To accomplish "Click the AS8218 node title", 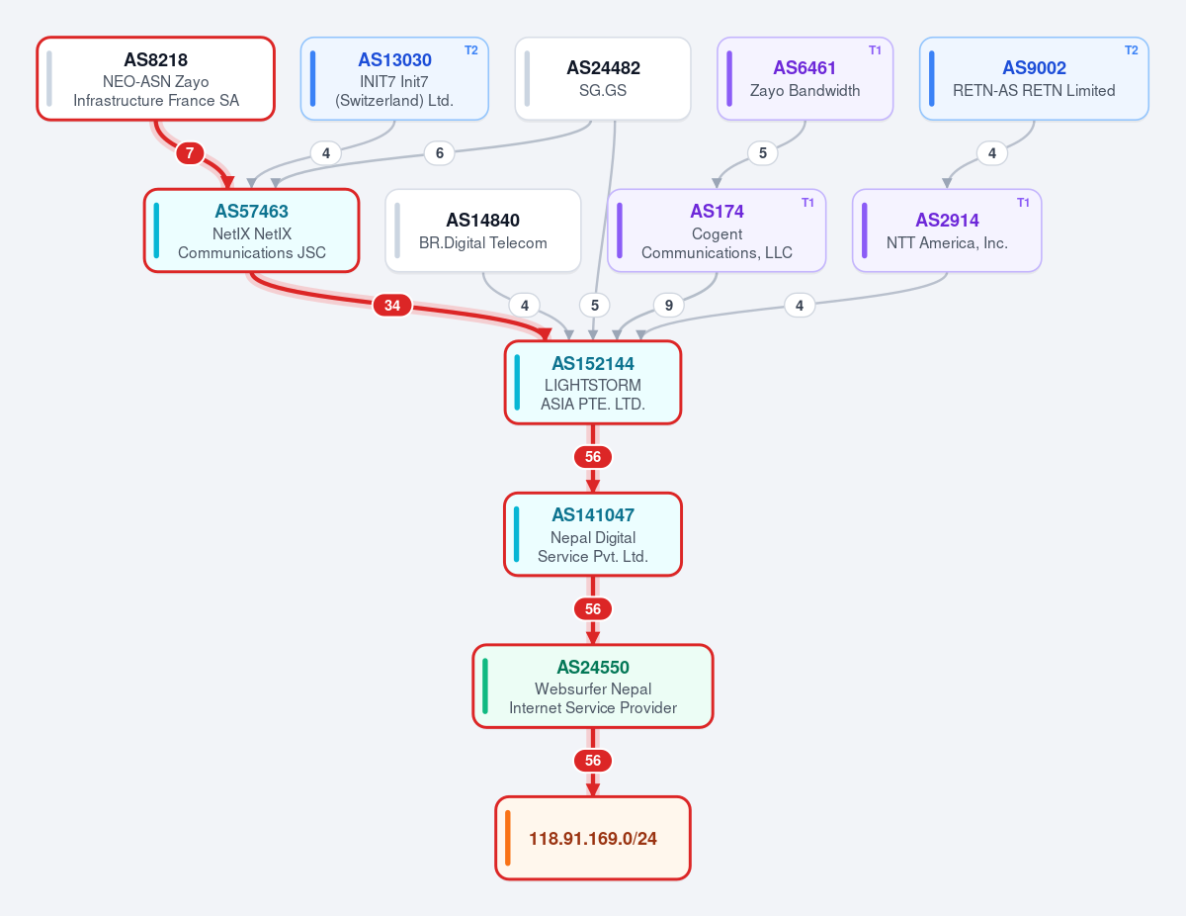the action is click(155, 59).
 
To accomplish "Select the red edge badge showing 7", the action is click(190, 153).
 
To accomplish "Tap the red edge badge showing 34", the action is click(392, 305).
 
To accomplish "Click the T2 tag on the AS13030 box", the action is click(471, 50).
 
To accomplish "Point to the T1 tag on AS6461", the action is click(875, 50).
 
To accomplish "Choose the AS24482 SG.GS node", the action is click(603, 79).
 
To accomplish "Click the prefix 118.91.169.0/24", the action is click(593, 838).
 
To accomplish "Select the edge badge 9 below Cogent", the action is click(668, 305).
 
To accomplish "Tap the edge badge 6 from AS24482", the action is click(440, 153).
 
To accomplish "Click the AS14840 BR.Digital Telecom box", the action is click(483, 230).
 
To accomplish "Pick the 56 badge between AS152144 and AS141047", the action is click(593, 457).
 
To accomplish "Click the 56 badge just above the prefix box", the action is click(593, 761).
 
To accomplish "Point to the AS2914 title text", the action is click(947, 221).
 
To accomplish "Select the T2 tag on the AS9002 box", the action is click(1132, 50).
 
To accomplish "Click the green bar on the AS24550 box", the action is click(485, 687).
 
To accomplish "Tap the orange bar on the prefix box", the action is click(508, 838).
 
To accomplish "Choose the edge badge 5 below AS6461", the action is click(762, 153).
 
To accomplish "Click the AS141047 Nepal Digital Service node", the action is click(593, 534).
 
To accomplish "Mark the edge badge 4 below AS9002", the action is click(991, 153).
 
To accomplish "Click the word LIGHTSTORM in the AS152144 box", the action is click(593, 385).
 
